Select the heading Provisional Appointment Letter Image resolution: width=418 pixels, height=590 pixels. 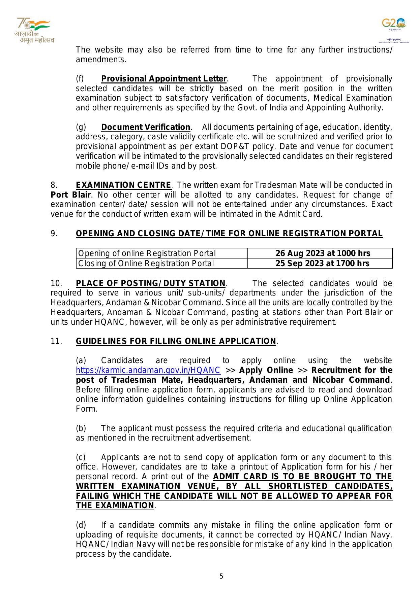coord(164,79)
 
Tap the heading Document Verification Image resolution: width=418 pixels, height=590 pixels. coord(146,127)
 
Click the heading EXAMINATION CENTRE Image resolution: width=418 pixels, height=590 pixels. coord(123,185)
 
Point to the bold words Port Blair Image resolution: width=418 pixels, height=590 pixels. coord(70,195)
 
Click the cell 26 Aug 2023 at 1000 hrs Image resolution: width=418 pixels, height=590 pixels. coord(323,253)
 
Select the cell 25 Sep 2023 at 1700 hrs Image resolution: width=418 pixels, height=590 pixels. coord(322,263)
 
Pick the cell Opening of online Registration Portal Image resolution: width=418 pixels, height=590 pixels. coord(147,253)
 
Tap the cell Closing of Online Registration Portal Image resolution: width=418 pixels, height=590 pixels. coord(146,263)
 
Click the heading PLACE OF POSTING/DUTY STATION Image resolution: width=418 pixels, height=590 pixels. coord(150,283)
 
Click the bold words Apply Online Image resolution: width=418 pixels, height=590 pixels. coord(266,370)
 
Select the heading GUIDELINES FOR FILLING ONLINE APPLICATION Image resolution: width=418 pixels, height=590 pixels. coord(176,341)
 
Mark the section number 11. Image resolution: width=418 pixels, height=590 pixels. coord(56,341)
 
